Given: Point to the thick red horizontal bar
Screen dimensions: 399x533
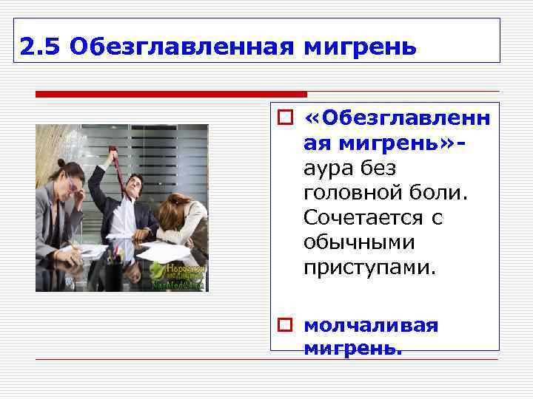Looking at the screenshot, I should (171, 95).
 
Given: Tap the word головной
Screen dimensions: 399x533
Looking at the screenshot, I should (348, 193).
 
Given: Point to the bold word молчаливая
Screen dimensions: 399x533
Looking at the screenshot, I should (371, 325).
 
